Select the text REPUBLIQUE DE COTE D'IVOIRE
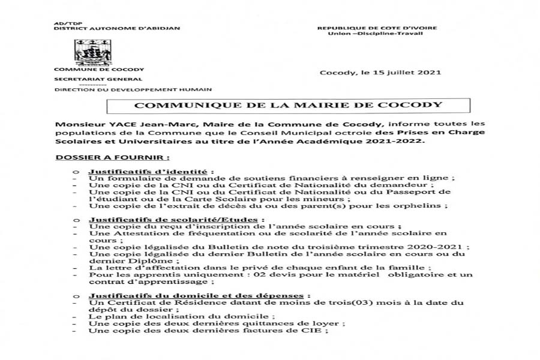click(377, 28)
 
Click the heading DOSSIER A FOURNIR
click(112, 158)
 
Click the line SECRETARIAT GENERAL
click(98, 79)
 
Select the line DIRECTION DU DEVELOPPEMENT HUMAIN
click(133, 89)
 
